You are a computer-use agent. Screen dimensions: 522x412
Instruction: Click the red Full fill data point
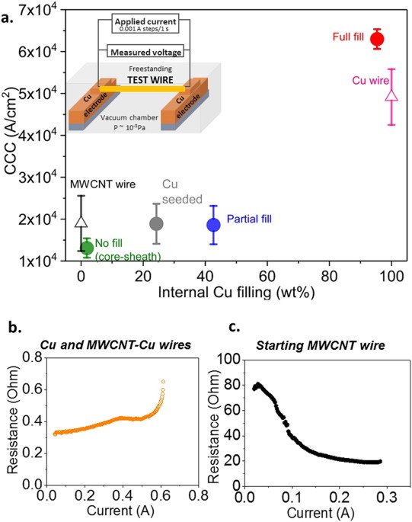(x=376, y=39)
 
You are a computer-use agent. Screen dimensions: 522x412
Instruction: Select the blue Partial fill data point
(x=214, y=225)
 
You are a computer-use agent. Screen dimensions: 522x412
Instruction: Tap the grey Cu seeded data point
(x=156, y=223)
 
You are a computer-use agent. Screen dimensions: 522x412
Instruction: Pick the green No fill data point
(x=87, y=247)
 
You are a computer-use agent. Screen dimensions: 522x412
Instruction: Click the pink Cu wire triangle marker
(x=392, y=95)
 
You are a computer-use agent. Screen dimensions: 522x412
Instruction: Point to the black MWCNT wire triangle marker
(x=81, y=221)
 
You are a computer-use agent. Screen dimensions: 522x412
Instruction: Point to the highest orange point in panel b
(x=163, y=381)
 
